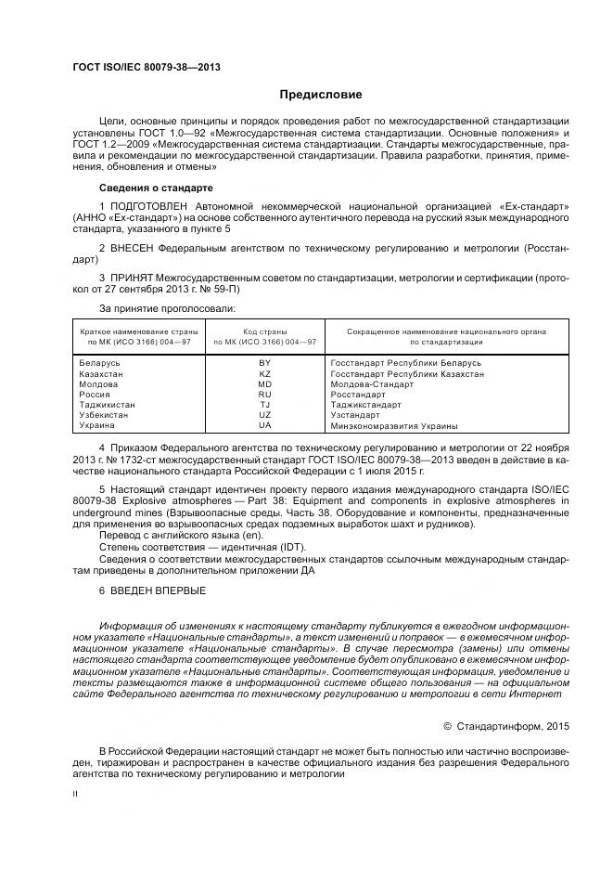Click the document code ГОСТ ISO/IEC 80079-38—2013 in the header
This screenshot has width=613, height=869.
coord(146,68)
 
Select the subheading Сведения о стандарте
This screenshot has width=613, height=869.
coord(156,188)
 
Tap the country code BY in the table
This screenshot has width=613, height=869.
coord(265,363)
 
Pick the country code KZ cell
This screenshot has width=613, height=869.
coord(265,373)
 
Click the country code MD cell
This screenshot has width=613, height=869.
coord(265,383)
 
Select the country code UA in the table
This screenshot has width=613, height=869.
coord(265,425)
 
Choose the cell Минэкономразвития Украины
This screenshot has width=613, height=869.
coord(393,425)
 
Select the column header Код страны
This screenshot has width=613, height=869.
coord(265,331)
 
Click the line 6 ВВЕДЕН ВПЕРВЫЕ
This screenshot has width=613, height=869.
coord(152,590)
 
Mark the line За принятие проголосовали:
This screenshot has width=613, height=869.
coord(167,307)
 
